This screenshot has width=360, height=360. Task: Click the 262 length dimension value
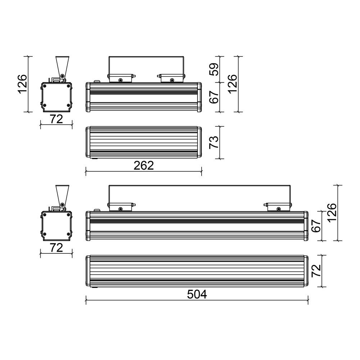144,165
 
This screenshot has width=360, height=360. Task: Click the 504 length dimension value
197,294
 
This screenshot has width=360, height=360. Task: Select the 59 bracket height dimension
214,69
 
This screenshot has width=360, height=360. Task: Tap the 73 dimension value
214,142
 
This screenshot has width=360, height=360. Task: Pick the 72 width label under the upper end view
56,119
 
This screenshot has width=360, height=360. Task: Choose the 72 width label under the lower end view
56,248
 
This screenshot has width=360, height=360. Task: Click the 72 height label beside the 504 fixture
316,271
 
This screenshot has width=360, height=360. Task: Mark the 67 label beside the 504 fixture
316,226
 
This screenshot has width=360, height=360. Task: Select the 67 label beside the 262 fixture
214,97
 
